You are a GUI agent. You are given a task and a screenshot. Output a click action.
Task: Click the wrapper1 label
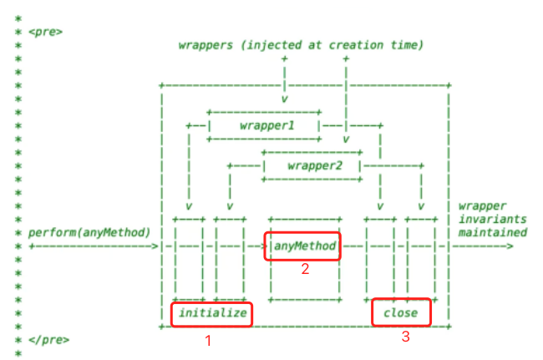265,124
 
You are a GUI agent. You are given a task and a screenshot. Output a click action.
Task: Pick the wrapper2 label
313,165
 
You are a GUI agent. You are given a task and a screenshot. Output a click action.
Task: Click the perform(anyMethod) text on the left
89,231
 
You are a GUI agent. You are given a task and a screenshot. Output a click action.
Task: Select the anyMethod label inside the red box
303,246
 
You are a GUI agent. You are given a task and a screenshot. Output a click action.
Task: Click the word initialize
211,313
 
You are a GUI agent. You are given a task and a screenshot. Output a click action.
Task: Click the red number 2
306,269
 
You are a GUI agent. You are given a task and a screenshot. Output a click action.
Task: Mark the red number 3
405,337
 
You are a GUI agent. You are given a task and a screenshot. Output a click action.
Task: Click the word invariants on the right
491,219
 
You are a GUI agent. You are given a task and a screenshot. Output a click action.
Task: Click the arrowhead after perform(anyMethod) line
155,246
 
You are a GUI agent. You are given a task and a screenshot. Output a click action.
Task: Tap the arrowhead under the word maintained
510,246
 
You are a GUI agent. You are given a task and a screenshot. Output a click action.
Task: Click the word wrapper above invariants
482,205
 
